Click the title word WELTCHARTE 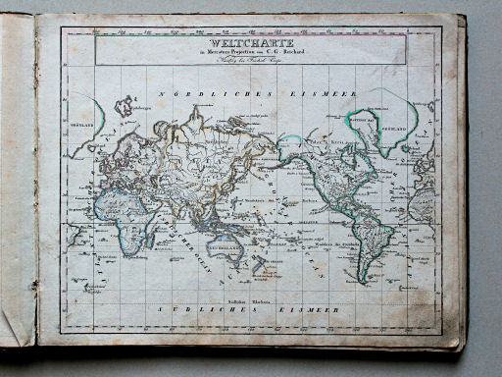[x=250, y=43]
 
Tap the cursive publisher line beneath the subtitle [x=250, y=62]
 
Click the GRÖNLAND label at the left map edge [x=79, y=126]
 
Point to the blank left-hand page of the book [x=18, y=187]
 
